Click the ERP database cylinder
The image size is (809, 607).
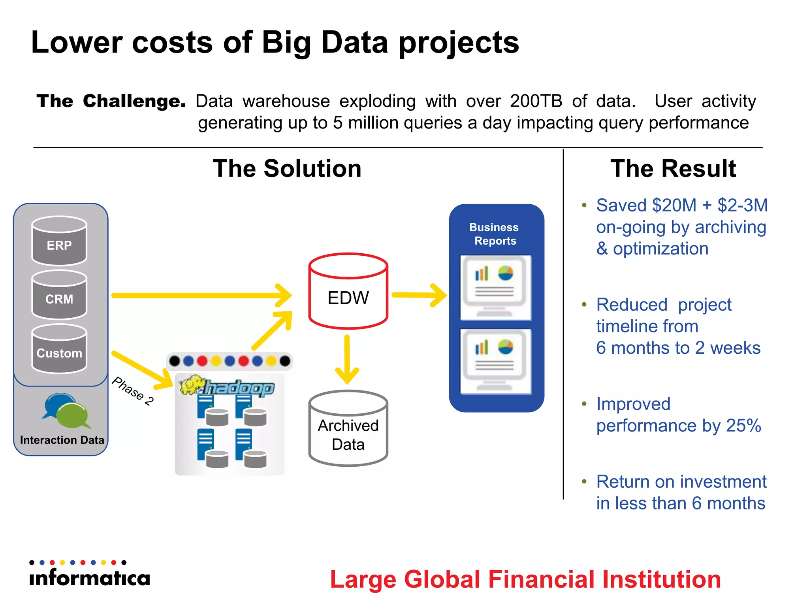coord(59,241)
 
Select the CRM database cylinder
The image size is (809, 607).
coord(59,295)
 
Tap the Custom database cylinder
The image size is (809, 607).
coord(59,349)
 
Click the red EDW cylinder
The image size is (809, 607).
coord(348,292)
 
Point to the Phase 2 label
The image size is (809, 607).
coord(133,391)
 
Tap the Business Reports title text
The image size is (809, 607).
coord(494,234)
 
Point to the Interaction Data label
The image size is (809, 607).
coord(62,440)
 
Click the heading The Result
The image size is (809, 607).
coord(673,169)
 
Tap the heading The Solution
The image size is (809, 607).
coord(287,169)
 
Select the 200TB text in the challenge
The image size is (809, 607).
coord(536,101)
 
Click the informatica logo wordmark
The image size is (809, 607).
coord(90,578)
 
